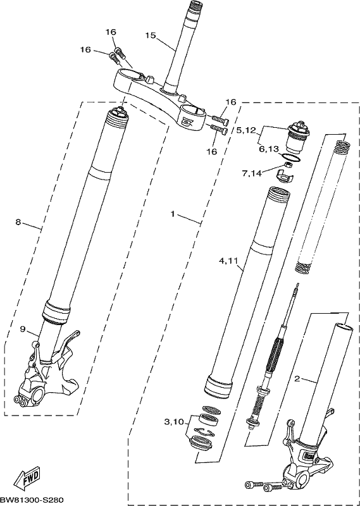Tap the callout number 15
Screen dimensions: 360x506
pyautogui.click(x=151, y=35)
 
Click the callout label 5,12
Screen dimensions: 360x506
pyautogui.click(x=247, y=130)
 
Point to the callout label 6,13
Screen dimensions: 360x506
pyautogui.click(x=269, y=149)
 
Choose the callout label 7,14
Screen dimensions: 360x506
pyautogui.click(x=252, y=174)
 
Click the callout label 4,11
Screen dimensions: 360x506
pyautogui.click(x=229, y=261)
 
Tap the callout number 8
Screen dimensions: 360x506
pyautogui.click(x=18, y=222)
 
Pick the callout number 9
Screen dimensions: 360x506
pyautogui.click(x=22, y=329)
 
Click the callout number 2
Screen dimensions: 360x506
pyautogui.click(x=297, y=378)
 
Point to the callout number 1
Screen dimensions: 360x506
pyautogui.click(x=173, y=214)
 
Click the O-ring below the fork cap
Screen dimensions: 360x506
pyautogui.click(x=290, y=157)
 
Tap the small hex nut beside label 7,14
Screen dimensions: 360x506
pyautogui.click(x=289, y=166)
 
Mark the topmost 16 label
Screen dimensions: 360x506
pyautogui.click(x=111, y=32)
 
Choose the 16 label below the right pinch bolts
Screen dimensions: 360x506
pyautogui.click(x=212, y=151)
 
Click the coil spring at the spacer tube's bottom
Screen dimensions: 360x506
pyautogui.click(x=304, y=268)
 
